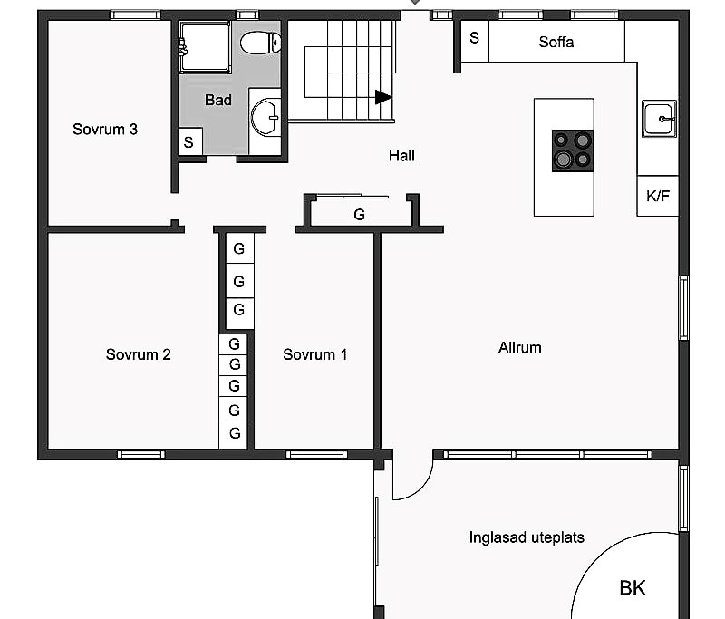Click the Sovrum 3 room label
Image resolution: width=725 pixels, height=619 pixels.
click(105, 129)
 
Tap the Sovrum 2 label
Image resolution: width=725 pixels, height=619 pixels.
click(139, 354)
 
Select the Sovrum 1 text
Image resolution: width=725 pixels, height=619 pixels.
click(314, 354)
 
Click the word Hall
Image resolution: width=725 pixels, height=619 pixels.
click(401, 156)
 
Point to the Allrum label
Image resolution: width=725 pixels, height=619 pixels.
click(519, 348)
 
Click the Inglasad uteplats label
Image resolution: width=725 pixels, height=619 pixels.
click(527, 537)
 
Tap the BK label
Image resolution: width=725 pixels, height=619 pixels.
click(632, 588)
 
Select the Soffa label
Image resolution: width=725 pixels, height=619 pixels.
click(556, 42)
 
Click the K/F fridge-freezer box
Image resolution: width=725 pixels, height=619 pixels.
click(658, 196)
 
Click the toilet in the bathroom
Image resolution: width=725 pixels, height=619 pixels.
click(260, 43)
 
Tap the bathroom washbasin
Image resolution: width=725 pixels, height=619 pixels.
click(266, 117)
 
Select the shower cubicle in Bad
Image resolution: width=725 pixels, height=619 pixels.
click(205, 47)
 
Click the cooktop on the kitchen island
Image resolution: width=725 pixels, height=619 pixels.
click(573, 150)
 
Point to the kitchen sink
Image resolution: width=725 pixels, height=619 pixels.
click(659, 119)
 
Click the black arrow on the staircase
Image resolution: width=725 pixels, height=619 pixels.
click(383, 97)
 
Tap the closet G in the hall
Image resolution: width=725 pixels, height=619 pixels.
click(359, 214)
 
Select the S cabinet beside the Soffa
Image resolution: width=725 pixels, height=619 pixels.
click(475, 41)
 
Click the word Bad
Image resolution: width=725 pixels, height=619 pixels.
click(218, 100)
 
